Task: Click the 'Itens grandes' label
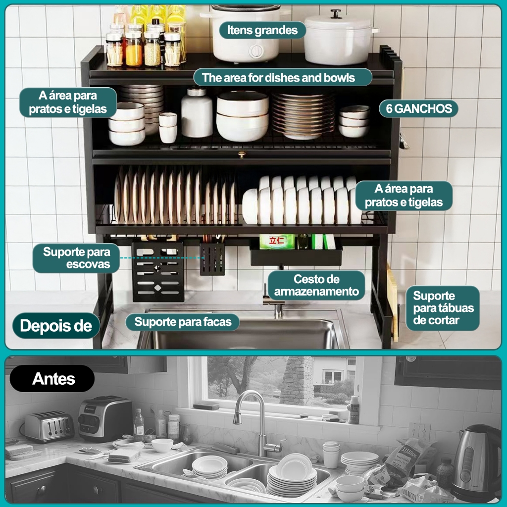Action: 262,30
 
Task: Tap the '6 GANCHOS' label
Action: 419,108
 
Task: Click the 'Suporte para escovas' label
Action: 76,258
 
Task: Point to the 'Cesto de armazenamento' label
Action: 316,285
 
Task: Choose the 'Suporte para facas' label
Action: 183,322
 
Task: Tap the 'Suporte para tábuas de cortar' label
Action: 443,308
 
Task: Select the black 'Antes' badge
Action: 52,379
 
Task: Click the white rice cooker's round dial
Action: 256,51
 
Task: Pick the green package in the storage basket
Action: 277,242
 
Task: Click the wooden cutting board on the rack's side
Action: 393,303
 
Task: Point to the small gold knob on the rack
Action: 241,155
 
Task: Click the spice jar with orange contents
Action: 134,49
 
